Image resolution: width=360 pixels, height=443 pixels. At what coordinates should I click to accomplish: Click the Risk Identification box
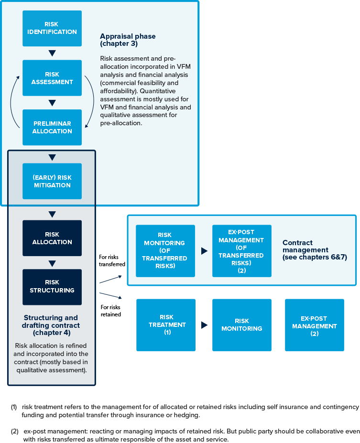[52, 28]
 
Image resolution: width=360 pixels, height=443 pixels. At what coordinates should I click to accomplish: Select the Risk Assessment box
[52, 78]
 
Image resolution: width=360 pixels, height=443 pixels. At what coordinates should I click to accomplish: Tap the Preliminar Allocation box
[52, 127]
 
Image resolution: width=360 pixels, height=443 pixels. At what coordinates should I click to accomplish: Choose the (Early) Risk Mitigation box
[52, 181]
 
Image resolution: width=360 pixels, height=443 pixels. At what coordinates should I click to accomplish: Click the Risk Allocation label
[52, 238]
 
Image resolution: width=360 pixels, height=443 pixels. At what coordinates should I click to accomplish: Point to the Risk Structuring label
[52, 286]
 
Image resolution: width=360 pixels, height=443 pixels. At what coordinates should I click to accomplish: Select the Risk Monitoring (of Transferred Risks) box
[165, 250]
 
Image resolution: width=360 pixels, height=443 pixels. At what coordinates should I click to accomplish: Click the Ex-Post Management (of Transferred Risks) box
[241, 250]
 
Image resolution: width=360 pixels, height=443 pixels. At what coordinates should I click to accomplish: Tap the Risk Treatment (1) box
[165, 324]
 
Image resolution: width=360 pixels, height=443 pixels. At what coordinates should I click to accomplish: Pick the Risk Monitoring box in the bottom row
[241, 324]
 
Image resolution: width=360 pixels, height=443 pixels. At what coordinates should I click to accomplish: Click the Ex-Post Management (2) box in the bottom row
[314, 324]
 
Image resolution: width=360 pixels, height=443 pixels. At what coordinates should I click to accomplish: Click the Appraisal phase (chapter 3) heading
[128, 40]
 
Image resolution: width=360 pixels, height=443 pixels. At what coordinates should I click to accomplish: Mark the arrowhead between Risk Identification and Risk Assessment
[52, 53]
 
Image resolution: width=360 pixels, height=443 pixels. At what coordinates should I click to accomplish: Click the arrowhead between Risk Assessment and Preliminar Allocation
[52, 103]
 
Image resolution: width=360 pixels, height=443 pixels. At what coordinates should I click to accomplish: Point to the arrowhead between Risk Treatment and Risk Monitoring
[205, 325]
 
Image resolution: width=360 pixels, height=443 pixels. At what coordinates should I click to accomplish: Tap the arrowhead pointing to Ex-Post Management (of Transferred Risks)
[205, 251]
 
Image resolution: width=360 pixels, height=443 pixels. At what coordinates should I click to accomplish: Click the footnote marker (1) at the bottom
[14, 407]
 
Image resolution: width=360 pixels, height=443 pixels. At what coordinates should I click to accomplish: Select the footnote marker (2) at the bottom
[14, 431]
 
